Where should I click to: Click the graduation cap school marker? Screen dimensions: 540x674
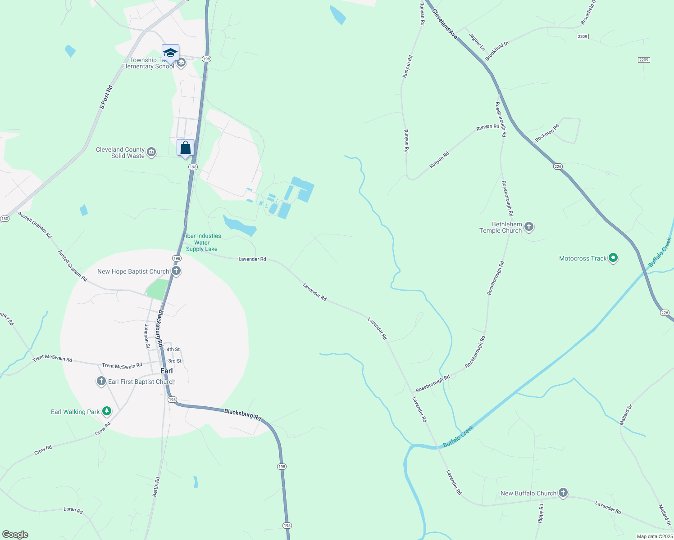point(170,53)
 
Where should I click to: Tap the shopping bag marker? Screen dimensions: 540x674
point(185,148)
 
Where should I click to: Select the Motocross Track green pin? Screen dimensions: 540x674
point(613,258)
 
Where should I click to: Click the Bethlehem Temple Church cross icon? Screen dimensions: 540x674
point(529,227)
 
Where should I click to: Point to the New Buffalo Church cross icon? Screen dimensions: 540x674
point(563,493)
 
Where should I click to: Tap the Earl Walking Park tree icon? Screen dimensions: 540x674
point(106,411)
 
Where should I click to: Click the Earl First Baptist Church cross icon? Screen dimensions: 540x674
point(101,382)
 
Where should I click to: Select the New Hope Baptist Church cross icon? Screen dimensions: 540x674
point(176,271)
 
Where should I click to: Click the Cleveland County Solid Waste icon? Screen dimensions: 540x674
point(151,152)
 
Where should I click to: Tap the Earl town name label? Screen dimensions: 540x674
point(167,371)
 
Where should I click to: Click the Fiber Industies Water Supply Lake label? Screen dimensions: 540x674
point(202,243)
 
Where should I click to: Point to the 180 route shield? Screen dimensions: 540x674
point(5,219)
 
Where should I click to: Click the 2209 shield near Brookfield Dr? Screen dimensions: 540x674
point(583,36)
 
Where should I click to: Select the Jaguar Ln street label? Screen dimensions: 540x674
point(477,42)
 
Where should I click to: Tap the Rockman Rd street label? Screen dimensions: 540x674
point(547,133)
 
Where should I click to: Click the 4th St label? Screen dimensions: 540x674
point(173,349)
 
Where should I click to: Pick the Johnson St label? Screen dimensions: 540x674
point(146,336)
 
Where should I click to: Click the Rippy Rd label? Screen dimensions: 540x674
point(541,513)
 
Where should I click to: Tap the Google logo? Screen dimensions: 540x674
point(15,534)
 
